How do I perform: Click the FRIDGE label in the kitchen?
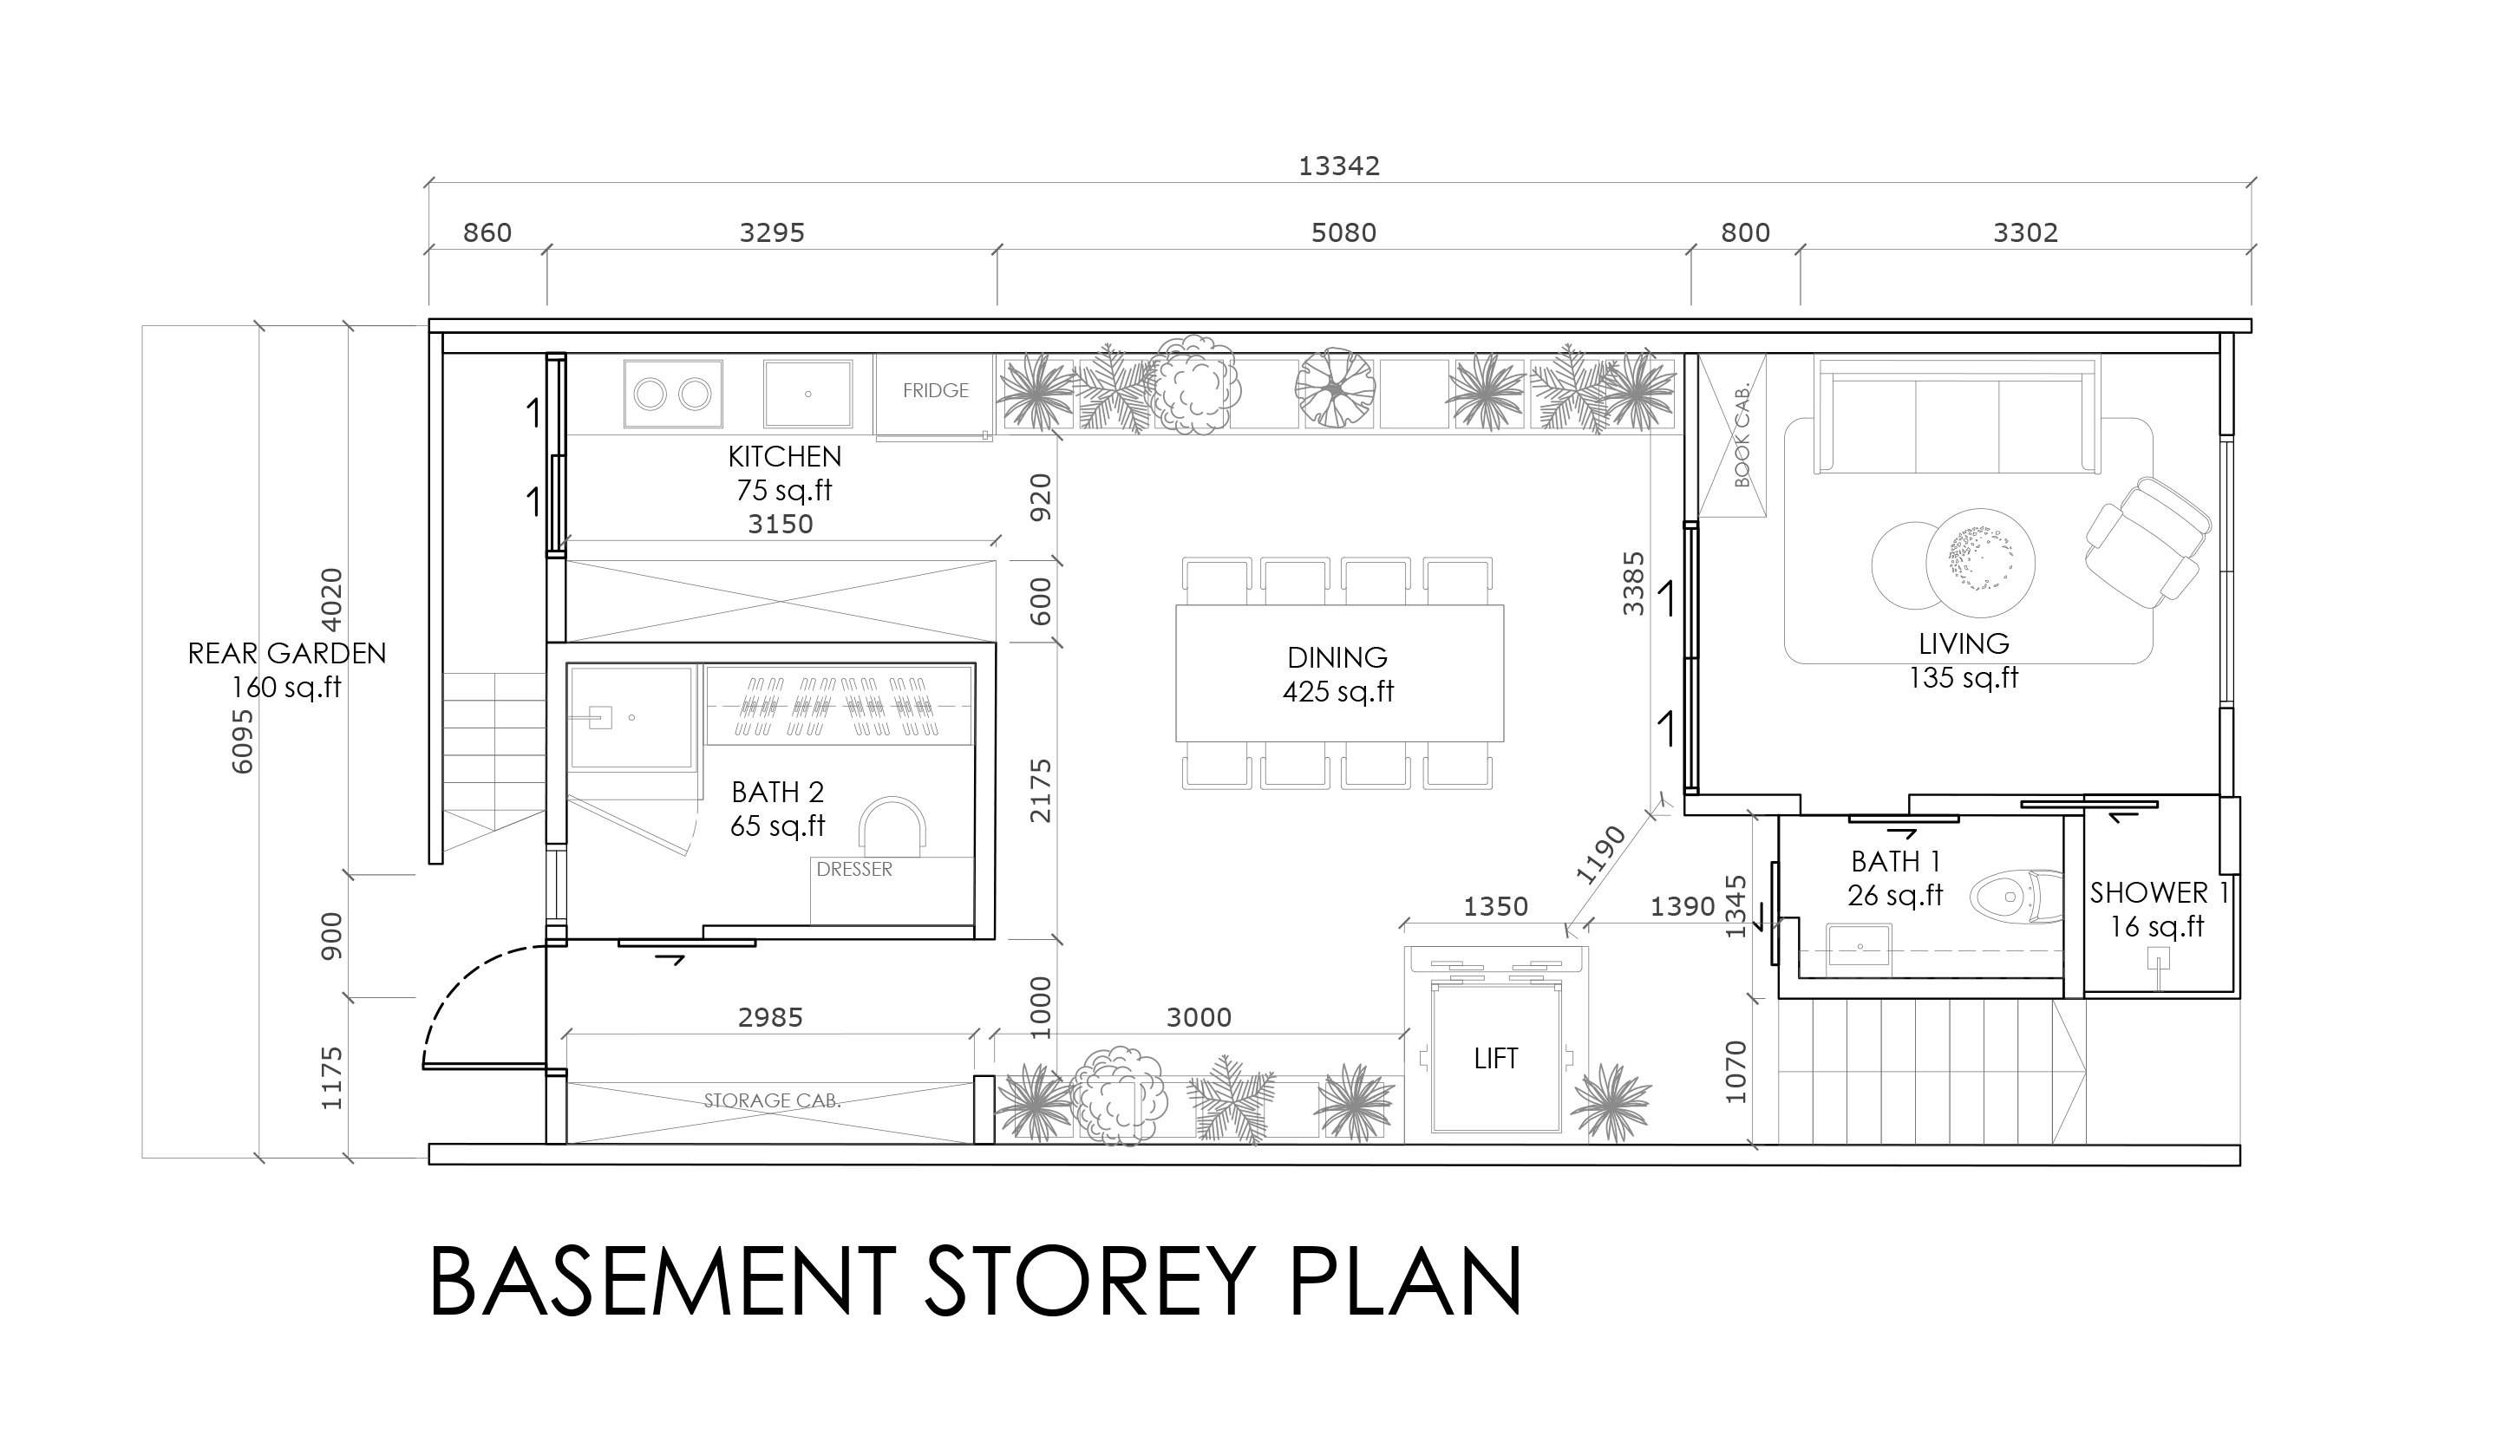935,390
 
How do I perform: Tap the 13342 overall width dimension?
1338,166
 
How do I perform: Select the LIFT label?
1495,1058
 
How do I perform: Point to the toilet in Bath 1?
2016,897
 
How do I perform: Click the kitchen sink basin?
807,394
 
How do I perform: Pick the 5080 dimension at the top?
1343,232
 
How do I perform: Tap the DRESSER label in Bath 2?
854,869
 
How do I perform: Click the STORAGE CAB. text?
772,1100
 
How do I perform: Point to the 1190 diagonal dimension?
1599,854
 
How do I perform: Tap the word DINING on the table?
1337,656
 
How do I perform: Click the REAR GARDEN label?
287,653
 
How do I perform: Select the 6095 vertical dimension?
243,741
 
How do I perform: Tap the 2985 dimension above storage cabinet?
770,1017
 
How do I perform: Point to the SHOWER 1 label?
2159,892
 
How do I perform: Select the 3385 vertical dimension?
1634,584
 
